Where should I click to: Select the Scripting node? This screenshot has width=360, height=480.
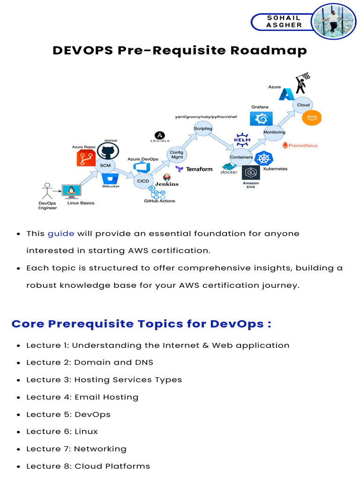coord(203,128)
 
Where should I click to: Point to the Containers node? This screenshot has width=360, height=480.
coord(241,157)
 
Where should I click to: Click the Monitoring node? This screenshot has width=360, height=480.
coord(274,132)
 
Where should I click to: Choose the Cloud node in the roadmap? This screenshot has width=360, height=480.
coord(303,105)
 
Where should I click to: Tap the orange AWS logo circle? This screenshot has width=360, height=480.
coord(312,117)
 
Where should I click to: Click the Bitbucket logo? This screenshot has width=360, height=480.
coord(111,179)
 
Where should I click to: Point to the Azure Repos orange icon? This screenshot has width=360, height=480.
coord(86,158)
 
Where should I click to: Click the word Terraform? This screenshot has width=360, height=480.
coord(199,169)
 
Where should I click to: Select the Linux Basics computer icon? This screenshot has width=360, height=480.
coord(73,191)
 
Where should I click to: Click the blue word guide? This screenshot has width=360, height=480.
coord(61,233)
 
